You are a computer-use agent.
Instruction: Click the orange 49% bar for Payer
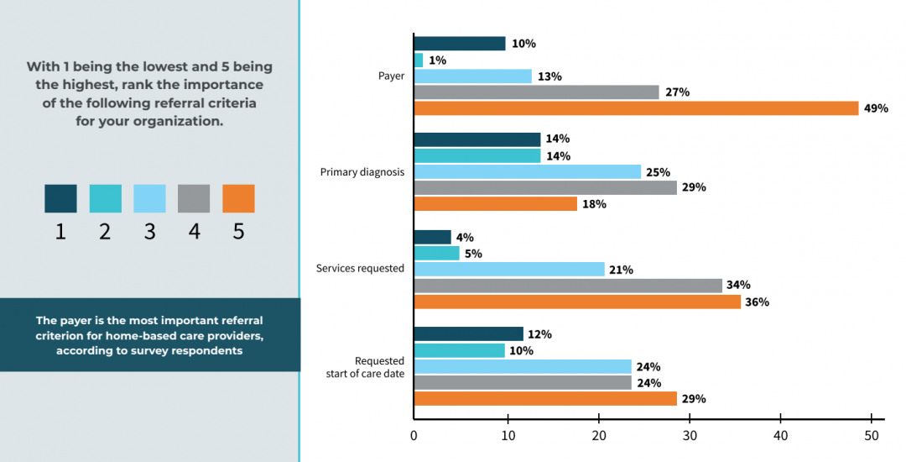click(x=636, y=108)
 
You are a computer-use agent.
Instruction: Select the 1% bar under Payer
click(x=419, y=60)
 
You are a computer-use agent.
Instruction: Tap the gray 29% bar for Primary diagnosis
click(x=545, y=187)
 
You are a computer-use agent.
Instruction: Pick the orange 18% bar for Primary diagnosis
click(x=495, y=204)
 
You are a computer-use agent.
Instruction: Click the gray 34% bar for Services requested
click(x=568, y=286)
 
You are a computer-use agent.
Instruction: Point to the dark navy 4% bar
click(x=432, y=237)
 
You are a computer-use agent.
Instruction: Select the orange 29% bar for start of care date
click(x=545, y=399)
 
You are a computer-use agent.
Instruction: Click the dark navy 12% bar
click(x=468, y=334)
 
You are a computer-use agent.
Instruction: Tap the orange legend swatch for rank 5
click(x=238, y=199)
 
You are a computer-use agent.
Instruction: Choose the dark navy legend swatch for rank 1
click(x=60, y=199)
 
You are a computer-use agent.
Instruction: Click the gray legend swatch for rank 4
click(x=194, y=199)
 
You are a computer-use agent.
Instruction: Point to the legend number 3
click(x=149, y=232)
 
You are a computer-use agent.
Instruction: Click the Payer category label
click(x=392, y=76)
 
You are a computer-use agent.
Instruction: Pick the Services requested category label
click(x=360, y=269)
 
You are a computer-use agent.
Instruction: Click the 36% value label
click(x=757, y=302)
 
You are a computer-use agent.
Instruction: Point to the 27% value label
click(x=677, y=92)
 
